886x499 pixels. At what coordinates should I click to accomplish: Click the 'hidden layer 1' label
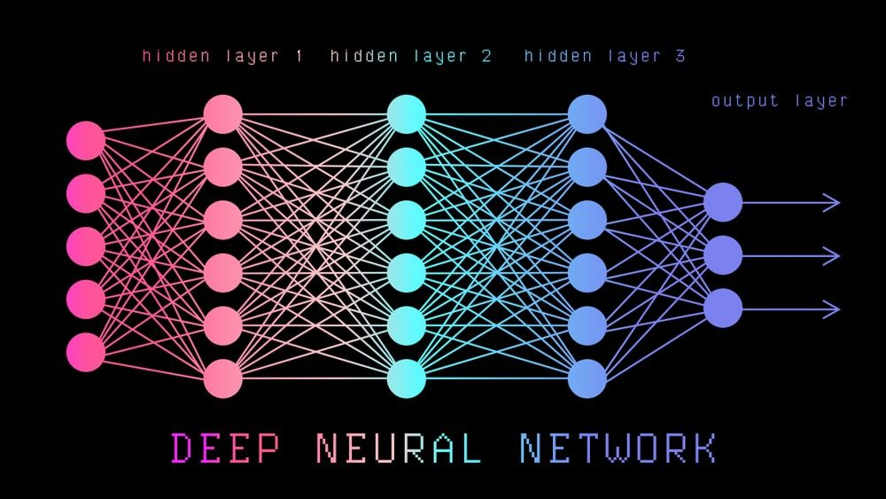[x=222, y=56]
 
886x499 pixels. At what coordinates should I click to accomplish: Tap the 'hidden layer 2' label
[x=411, y=56]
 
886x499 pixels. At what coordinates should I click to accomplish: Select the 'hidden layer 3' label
[x=604, y=56]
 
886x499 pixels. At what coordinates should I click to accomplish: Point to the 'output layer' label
[x=779, y=101]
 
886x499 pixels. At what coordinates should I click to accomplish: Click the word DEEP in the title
[x=225, y=448]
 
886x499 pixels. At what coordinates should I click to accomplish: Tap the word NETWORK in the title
[x=618, y=448]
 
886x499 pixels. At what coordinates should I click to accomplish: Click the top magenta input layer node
[x=86, y=141]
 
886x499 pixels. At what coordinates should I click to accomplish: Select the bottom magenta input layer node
[x=86, y=352]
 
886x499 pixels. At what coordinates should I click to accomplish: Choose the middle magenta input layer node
[x=86, y=246]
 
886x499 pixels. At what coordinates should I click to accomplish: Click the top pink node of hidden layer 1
[x=223, y=114]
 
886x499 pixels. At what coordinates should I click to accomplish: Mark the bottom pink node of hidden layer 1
[x=223, y=378]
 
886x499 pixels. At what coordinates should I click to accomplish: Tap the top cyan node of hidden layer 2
[x=407, y=114]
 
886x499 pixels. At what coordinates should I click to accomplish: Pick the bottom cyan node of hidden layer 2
[x=407, y=378]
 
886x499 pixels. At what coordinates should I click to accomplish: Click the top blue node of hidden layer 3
[x=587, y=114]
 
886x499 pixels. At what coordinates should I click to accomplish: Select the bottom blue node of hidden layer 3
[x=587, y=378]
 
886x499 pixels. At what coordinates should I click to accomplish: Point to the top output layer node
[x=723, y=202]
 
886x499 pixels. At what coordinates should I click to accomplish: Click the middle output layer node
[x=723, y=255]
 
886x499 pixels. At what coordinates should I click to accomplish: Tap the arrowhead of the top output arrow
[x=833, y=202]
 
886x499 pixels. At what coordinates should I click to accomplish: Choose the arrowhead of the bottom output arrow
[x=833, y=309]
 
